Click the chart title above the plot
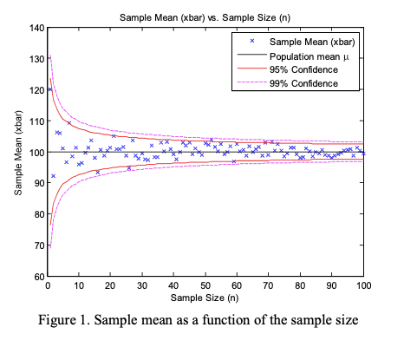205,17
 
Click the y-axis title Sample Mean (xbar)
18,152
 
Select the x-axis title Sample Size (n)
205,298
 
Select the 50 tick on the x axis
205,285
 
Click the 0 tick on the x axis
48,285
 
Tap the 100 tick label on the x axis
363,285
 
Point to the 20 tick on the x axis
111,285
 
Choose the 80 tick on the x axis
300,285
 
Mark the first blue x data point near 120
50,89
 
